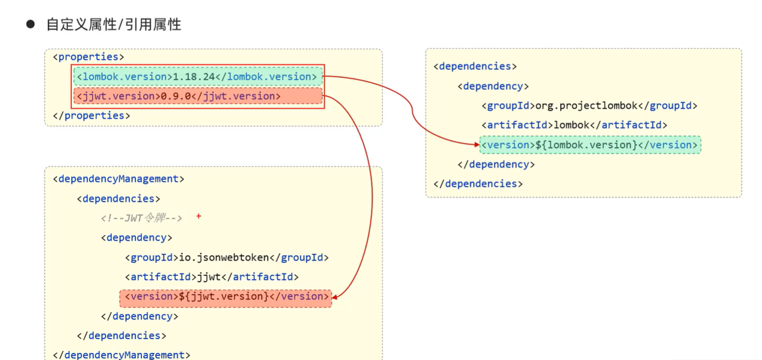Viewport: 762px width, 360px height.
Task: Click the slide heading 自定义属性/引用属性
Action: [x=114, y=25]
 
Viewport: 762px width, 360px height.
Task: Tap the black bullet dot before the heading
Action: [x=31, y=24]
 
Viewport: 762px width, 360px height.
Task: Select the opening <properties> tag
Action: [x=89, y=57]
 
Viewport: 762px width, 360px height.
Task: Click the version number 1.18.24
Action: [x=194, y=77]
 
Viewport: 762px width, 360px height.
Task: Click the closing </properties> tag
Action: [x=91, y=116]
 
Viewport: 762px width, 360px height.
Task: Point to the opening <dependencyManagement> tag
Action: [x=119, y=179]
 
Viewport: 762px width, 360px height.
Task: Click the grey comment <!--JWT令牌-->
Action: [x=141, y=218]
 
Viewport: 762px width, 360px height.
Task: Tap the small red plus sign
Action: [x=199, y=216]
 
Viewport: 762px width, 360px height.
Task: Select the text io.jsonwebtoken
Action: [x=223, y=257]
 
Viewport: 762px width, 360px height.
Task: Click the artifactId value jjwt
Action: [x=209, y=277]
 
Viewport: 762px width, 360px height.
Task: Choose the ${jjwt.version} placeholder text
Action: [x=223, y=297]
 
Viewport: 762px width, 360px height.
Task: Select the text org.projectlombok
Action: [x=586, y=106]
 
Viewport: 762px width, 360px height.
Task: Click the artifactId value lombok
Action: [x=571, y=125]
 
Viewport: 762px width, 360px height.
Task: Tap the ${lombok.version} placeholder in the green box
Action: [x=586, y=145]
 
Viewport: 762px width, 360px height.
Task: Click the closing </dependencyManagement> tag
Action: [x=121, y=355]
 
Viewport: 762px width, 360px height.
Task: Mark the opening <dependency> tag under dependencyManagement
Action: [x=137, y=238]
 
